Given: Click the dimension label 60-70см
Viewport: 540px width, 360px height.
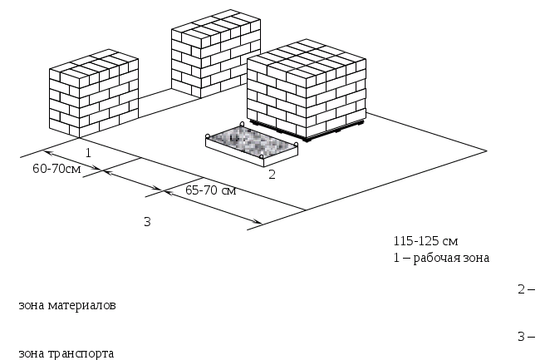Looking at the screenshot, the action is [56, 169].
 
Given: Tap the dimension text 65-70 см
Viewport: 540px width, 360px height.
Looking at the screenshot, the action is [211, 190].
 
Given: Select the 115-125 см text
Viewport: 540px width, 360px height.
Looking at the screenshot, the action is [425, 241].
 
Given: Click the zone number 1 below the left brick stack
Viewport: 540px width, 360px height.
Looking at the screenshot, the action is [88, 154].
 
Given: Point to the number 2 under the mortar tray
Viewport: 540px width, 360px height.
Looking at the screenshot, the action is [271, 175].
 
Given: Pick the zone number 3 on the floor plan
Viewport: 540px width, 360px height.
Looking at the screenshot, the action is [147, 221].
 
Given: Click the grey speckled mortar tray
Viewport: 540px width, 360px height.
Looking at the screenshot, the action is [251, 140].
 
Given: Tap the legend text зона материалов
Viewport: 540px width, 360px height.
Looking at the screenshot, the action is [66, 305].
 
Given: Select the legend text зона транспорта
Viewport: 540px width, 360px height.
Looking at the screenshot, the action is [66, 353].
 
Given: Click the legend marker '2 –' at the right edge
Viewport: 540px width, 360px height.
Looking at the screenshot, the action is [525, 289].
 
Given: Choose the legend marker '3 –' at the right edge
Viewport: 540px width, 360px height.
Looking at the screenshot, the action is [525, 337].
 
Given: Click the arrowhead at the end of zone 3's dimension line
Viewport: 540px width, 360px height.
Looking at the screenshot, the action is [258, 223].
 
